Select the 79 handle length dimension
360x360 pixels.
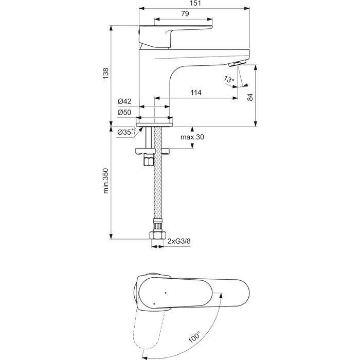pyautogui.click(x=185, y=14)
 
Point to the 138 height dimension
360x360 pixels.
pyautogui.click(x=105, y=74)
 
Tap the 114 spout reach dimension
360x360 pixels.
pyautogui.click(x=196, y=93)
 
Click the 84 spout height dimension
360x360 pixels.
pyautogui.click(x=250, y=97)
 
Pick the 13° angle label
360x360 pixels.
pyautogui.click(x=229, y=79)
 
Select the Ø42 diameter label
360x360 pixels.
pyautogui.click(x=124, y=101)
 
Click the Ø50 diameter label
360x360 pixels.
pyautogui.click(x=124, y=112)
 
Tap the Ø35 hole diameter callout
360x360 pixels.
pyautogui.click(x=127, y=132)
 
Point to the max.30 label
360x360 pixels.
pyautogui.click(x=192, y=137)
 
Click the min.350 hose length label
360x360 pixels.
pyautogui.click(x=105, y=181)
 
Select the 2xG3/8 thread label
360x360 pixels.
pyautogui.click(x=179, y=241)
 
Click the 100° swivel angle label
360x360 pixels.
pyautogui.click(x=194, y=337)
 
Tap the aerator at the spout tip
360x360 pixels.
pyautogui.click(x=238, y=63)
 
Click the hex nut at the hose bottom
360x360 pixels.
pyautogui.click(x=157, y=235)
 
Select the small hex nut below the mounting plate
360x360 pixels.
pyautogui.click(x=148, y=159)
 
